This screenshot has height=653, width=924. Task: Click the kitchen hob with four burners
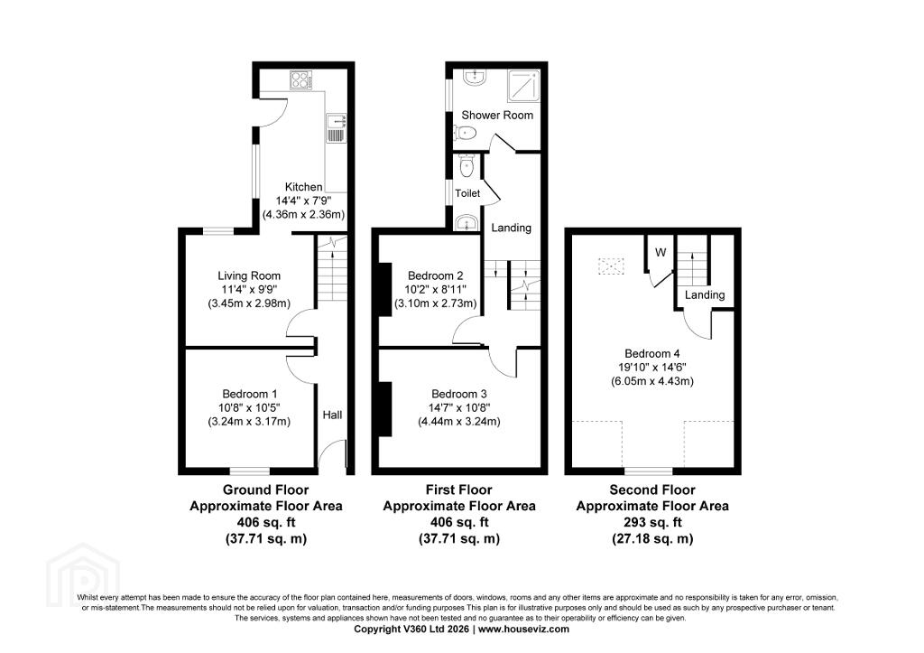click(301, 80)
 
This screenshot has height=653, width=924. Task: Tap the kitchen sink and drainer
click(336, 128)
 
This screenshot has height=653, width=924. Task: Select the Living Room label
click(249, 275)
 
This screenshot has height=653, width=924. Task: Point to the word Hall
click(332, 415)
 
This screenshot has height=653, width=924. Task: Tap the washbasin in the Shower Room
click(474, 77)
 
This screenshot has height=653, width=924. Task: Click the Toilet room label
click(467, 193)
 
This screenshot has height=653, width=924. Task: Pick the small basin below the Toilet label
click(466, 223)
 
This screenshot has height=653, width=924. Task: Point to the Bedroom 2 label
click(436, 275)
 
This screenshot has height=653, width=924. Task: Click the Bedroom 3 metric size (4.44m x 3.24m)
click(459, 422)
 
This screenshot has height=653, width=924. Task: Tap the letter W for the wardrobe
click(661, 253)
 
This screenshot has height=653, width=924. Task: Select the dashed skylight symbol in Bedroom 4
click(611, 266)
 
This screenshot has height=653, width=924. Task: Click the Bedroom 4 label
click(652, 353)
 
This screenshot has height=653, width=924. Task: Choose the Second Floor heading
click(652, 490)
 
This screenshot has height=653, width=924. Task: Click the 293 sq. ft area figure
click(652, 522)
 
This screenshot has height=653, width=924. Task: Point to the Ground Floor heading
click(266, 490)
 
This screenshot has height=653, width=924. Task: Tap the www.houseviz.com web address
click(524, 629)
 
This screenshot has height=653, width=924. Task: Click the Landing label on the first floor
click(511, 228)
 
